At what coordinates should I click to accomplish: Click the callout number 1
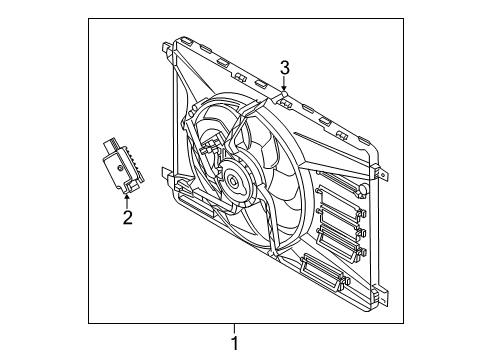[x=236, y=344]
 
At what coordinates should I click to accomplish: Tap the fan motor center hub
[x=233, y=181]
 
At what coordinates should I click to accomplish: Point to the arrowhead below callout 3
[x=284, y=90]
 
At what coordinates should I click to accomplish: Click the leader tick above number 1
[x=236, y=328]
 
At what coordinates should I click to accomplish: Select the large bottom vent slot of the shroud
[x=323, y=267]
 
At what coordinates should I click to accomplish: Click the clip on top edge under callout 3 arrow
[x=285, y=99]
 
